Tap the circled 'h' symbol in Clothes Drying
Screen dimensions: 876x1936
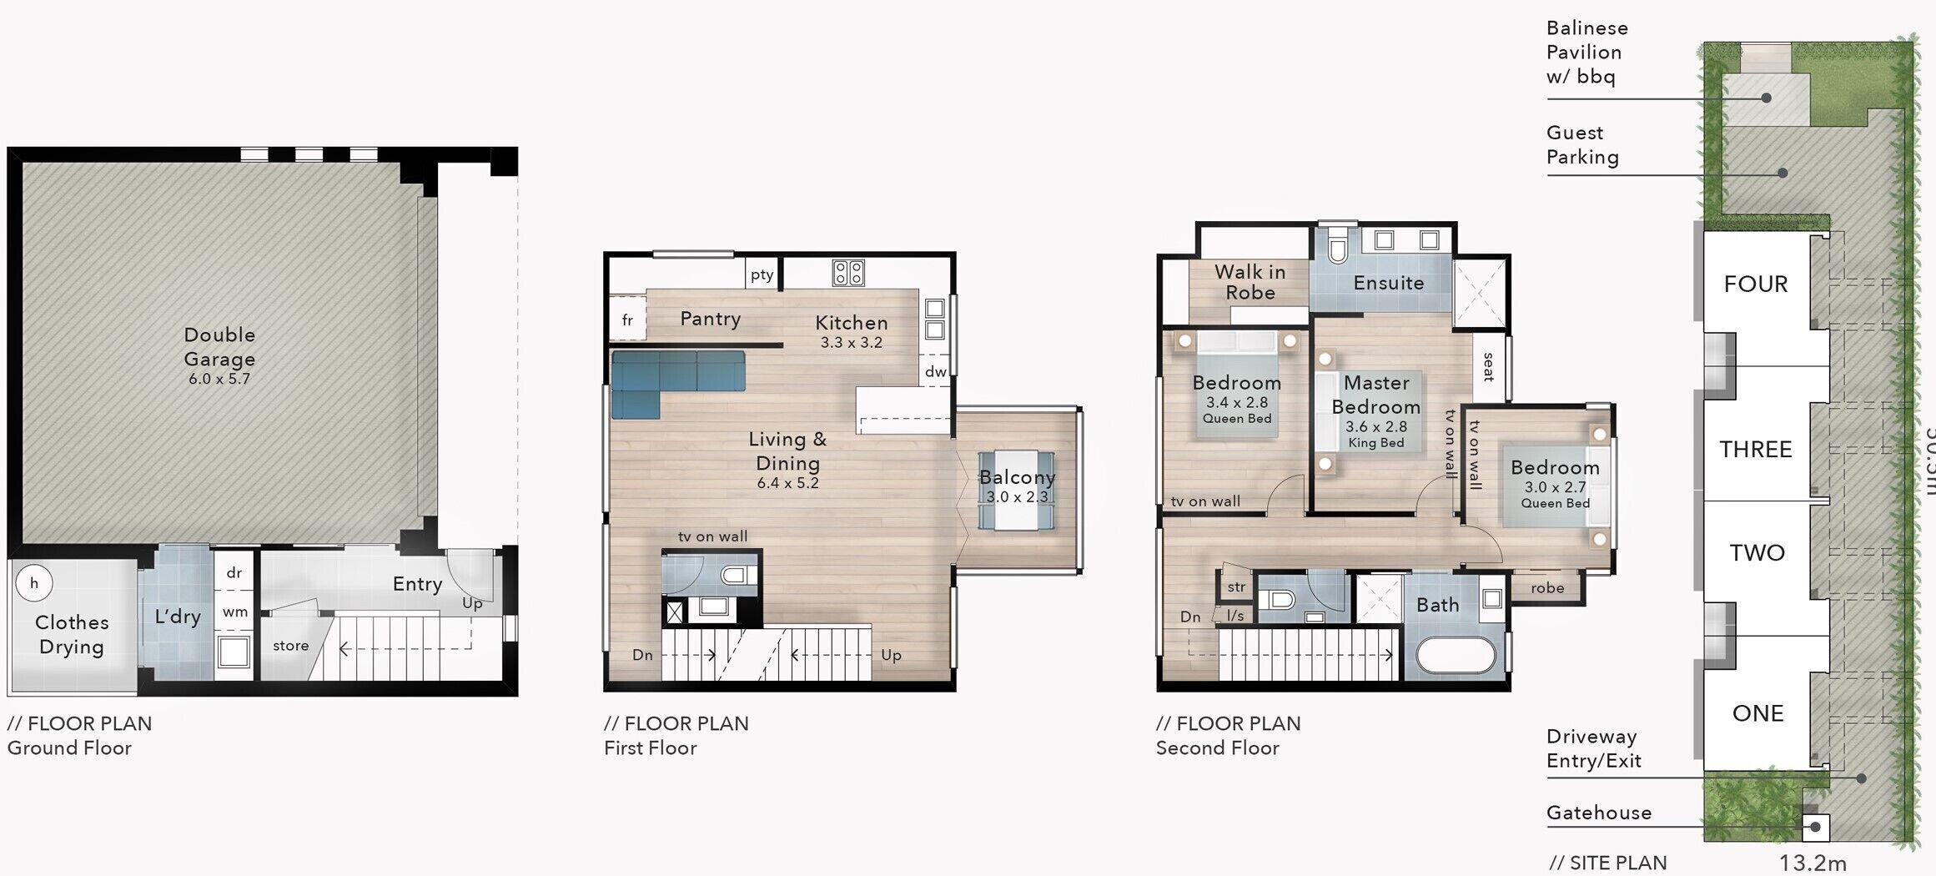click(x=34, y=583)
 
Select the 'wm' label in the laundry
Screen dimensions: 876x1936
click(x=235, y=612)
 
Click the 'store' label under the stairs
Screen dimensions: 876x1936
click(x=290, y=646)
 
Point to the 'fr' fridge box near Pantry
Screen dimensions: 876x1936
click(x=627, y=320)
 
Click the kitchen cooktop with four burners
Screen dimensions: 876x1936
click(x=848, y=272)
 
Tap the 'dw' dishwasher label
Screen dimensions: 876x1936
click(x=936, y=372)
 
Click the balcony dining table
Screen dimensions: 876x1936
click(x=1016, y=491)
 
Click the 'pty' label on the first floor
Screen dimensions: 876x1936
click(x=762, y=274)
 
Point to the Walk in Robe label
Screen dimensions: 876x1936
click(x=1250, y=282)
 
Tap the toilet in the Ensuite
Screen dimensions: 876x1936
click(x=1338, y=248)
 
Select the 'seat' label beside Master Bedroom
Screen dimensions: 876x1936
click(x=1488, y=367)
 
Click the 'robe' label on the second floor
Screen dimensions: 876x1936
click(x=1547, y=588)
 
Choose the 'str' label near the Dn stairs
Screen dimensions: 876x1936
click(x=1236, y=587)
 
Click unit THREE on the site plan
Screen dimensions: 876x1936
click(x=1755, y=450)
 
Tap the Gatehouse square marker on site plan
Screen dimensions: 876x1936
click(x=1815, y=828)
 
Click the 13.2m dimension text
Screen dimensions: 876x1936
click(x=1813, y=863)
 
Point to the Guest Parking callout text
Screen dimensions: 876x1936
click(x=1582, y=145)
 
